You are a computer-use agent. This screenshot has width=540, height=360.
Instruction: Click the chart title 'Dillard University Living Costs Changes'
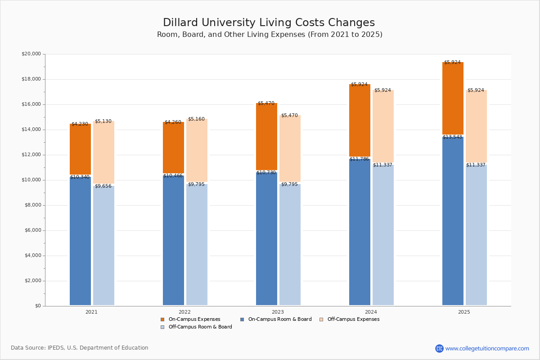(x=269, y=23)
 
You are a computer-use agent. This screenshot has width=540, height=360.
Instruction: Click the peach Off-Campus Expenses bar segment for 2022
(x=197, y=150)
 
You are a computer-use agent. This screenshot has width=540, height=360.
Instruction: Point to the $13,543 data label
(x=452, y=137)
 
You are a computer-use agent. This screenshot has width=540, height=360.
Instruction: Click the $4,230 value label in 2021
(x=80, y=124)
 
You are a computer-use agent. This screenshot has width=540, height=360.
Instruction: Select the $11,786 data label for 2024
(x=359, y=159)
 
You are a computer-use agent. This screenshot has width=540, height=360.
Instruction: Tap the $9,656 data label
(x=103, y=186)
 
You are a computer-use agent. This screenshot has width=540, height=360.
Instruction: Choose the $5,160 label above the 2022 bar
(x=196, y=119)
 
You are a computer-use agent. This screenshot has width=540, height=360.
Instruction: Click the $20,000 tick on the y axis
(x=31, y=54)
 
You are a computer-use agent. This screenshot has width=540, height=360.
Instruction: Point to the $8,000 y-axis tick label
(x=32, y=205)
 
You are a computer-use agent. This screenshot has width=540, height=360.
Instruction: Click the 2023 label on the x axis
(x=278, y=312)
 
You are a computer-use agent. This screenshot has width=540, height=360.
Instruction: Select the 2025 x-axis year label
(x=464, y=312)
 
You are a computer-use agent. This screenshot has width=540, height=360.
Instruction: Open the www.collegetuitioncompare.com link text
(x=487, y=348)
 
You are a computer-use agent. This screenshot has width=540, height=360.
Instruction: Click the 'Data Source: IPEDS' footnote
(x=80, y=348)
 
